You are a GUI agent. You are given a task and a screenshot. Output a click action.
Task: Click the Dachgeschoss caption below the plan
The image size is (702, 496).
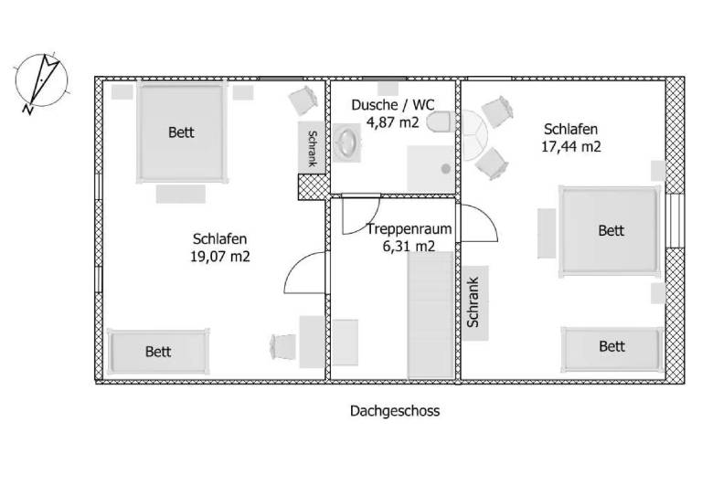tap(395, 410)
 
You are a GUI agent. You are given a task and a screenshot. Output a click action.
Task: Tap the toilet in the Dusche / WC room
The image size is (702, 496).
tap(439, 122)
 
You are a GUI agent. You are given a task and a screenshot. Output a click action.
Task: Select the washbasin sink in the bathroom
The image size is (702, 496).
tap(347, 142)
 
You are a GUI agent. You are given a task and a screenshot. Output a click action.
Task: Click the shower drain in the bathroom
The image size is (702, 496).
tap(445, 169)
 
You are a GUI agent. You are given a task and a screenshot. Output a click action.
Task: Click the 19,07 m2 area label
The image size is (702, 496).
tap(219, 257)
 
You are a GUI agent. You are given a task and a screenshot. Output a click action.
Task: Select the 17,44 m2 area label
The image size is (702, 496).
tap(570, 146)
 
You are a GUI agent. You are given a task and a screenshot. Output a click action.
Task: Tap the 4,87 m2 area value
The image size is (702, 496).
tap(393, 121)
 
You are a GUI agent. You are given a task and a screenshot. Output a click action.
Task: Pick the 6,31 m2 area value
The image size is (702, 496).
tap(409, 246)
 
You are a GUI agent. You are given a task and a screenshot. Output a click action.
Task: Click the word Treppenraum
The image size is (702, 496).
tap(409, 229)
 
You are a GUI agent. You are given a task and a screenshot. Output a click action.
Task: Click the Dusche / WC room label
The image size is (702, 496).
tap(393, 105)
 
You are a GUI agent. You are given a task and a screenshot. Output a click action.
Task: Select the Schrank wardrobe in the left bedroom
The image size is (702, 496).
tap(312, 147)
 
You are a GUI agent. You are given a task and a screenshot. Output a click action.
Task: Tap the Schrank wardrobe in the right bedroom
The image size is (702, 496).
tap(475, 302)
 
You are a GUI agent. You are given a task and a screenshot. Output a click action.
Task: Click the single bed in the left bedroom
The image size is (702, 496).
tap(158, 352)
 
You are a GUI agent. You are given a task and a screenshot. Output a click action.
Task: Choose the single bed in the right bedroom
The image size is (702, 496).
tap(612, 349)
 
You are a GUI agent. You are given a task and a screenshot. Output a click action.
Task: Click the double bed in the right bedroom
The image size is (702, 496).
tap(610, 231)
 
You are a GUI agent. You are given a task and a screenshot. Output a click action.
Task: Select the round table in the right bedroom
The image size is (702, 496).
tap(474, 135)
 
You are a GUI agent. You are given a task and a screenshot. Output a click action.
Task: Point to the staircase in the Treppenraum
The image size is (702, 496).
tap(431, 315)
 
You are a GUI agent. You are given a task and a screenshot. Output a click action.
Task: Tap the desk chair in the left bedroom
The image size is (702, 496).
tap(283, 346)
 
